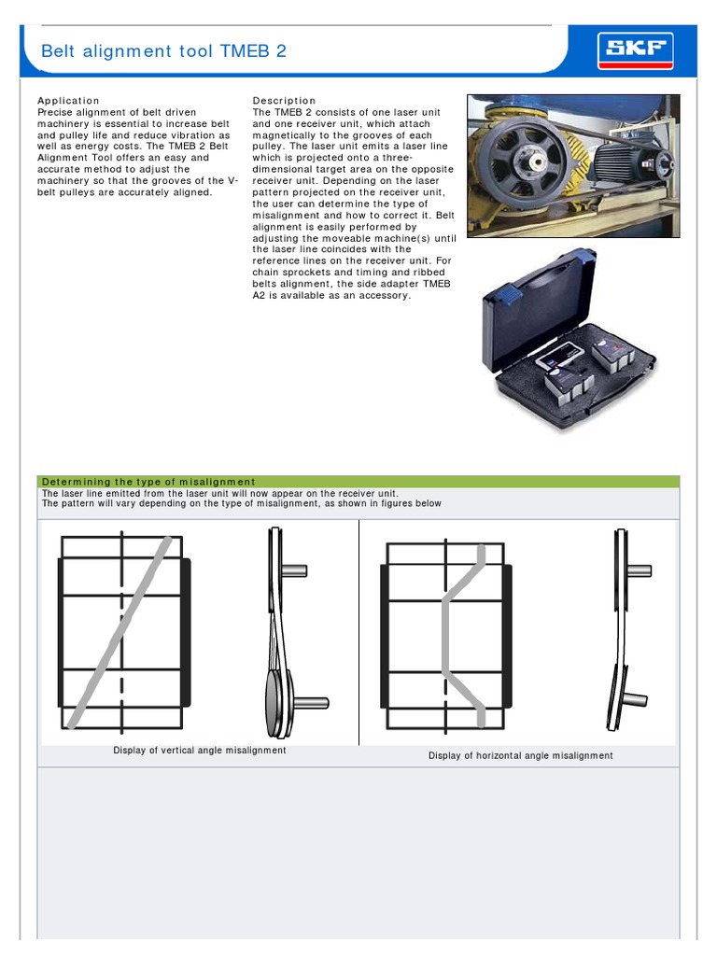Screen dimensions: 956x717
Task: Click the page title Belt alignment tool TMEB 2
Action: tap(163, 51)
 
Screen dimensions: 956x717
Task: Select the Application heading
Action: tap(68, 100)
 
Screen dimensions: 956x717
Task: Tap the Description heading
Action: tap(285, 100)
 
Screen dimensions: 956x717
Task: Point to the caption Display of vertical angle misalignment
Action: tap(200, 750)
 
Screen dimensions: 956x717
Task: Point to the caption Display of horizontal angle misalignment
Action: tap(520, 755)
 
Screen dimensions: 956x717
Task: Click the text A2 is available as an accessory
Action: tap(330, 295)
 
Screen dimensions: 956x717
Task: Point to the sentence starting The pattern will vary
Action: tap(242, 503)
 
